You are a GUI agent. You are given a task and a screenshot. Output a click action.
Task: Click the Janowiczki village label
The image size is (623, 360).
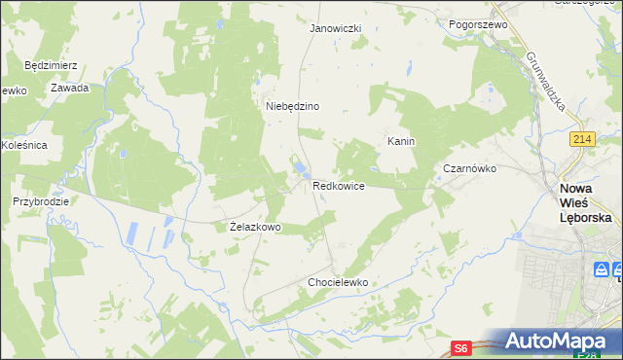point(335,29)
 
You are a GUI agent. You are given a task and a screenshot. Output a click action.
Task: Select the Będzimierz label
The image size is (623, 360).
point(51,65)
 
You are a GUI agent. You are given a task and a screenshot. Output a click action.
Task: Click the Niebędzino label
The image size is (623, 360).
point(293,106)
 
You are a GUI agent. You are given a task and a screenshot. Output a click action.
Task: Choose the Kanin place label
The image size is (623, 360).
point(401,141)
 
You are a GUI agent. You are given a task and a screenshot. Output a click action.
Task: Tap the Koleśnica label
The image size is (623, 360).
point(24,145)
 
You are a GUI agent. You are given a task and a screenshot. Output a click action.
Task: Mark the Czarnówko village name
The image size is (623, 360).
point(470,168)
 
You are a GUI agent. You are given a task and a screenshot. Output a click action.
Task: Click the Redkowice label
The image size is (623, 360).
point(339,185)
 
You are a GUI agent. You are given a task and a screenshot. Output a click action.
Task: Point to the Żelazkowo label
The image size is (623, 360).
point(255,227)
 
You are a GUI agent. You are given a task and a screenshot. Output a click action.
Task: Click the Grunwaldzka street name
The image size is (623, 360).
point(546,82)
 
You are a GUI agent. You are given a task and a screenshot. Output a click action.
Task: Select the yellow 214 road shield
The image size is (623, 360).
point(583,141)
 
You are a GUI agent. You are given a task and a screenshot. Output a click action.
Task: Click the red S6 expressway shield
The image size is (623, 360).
point(462,346)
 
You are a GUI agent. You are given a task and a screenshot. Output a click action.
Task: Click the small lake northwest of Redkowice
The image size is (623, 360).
point(296,174)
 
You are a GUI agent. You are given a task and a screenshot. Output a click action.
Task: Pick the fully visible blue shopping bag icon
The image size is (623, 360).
point(602,270)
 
